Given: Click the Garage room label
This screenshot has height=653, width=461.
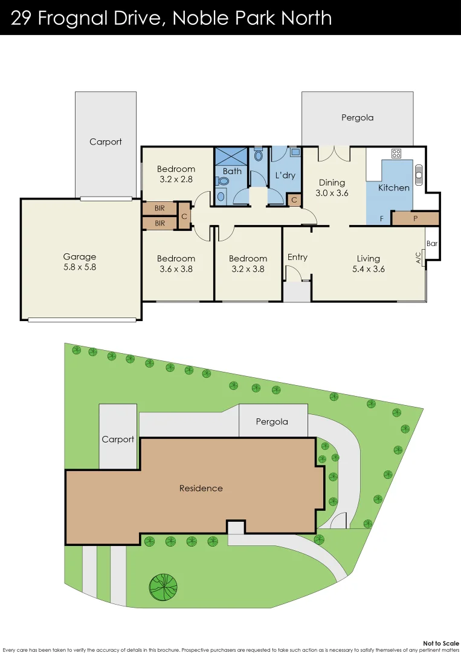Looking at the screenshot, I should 80,257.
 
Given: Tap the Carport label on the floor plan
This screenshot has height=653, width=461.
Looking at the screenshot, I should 106,142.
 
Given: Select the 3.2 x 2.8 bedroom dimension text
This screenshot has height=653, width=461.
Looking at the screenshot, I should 176,180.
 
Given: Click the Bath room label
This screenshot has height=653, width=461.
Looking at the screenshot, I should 232,171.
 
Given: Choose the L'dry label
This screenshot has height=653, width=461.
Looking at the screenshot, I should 285,175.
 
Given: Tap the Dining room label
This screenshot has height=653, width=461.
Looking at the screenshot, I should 332,183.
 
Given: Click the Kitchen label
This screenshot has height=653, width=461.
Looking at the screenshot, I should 394,187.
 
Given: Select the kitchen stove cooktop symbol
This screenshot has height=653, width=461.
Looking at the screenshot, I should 397,154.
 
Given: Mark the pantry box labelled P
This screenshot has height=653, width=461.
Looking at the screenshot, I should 415,218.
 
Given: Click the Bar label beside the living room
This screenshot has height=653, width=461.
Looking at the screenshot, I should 432,244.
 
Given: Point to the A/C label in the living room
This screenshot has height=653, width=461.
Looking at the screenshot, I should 418,258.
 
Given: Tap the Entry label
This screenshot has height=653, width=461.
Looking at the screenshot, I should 297,257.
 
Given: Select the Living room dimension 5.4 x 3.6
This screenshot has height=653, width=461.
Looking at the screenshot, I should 368,269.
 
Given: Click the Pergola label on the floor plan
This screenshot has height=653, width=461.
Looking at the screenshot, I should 357,118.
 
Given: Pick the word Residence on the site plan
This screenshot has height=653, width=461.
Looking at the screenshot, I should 201,488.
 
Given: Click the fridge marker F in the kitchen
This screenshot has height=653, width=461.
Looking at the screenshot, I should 381,218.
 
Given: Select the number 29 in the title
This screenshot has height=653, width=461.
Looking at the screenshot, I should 22,18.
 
